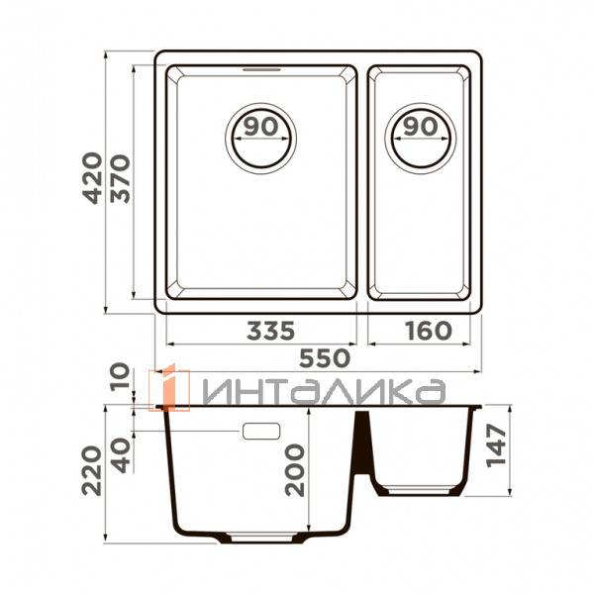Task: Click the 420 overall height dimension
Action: (x=91, y=179)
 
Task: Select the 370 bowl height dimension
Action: (x=121, y=179)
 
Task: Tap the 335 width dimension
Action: (x=261, y=331)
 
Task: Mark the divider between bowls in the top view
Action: (x=363, y=183)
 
